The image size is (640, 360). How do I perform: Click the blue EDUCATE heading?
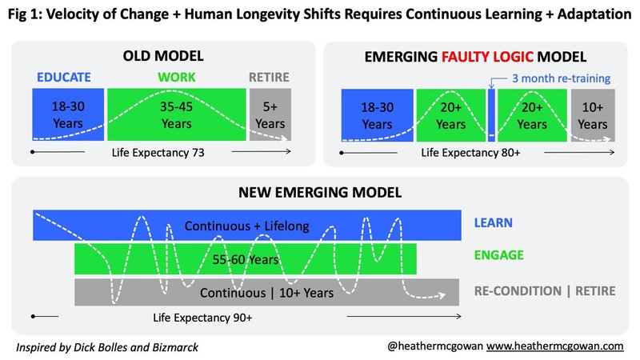64,77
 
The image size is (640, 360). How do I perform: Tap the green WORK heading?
176,77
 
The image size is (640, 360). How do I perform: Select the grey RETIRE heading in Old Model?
269,77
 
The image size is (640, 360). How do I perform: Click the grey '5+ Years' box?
270,114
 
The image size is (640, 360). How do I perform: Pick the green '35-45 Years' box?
176,114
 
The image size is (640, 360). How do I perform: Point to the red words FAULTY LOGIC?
487,57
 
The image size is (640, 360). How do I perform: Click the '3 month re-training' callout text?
562,78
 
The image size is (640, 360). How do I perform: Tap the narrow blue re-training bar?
491,115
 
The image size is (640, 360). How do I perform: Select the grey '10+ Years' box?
593,115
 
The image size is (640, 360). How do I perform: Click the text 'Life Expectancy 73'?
158,153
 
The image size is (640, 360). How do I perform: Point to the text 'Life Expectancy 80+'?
470,153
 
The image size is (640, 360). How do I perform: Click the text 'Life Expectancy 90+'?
202,318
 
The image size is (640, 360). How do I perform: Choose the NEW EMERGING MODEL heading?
320,192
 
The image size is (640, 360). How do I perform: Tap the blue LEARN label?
493,223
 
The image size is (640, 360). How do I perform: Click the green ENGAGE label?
498,255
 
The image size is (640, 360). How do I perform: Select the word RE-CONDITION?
518,291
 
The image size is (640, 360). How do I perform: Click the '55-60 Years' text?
246,259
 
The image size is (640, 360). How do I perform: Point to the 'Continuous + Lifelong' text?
246,226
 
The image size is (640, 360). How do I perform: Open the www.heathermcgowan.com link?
554,346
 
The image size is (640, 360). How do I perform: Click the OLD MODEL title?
163,56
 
